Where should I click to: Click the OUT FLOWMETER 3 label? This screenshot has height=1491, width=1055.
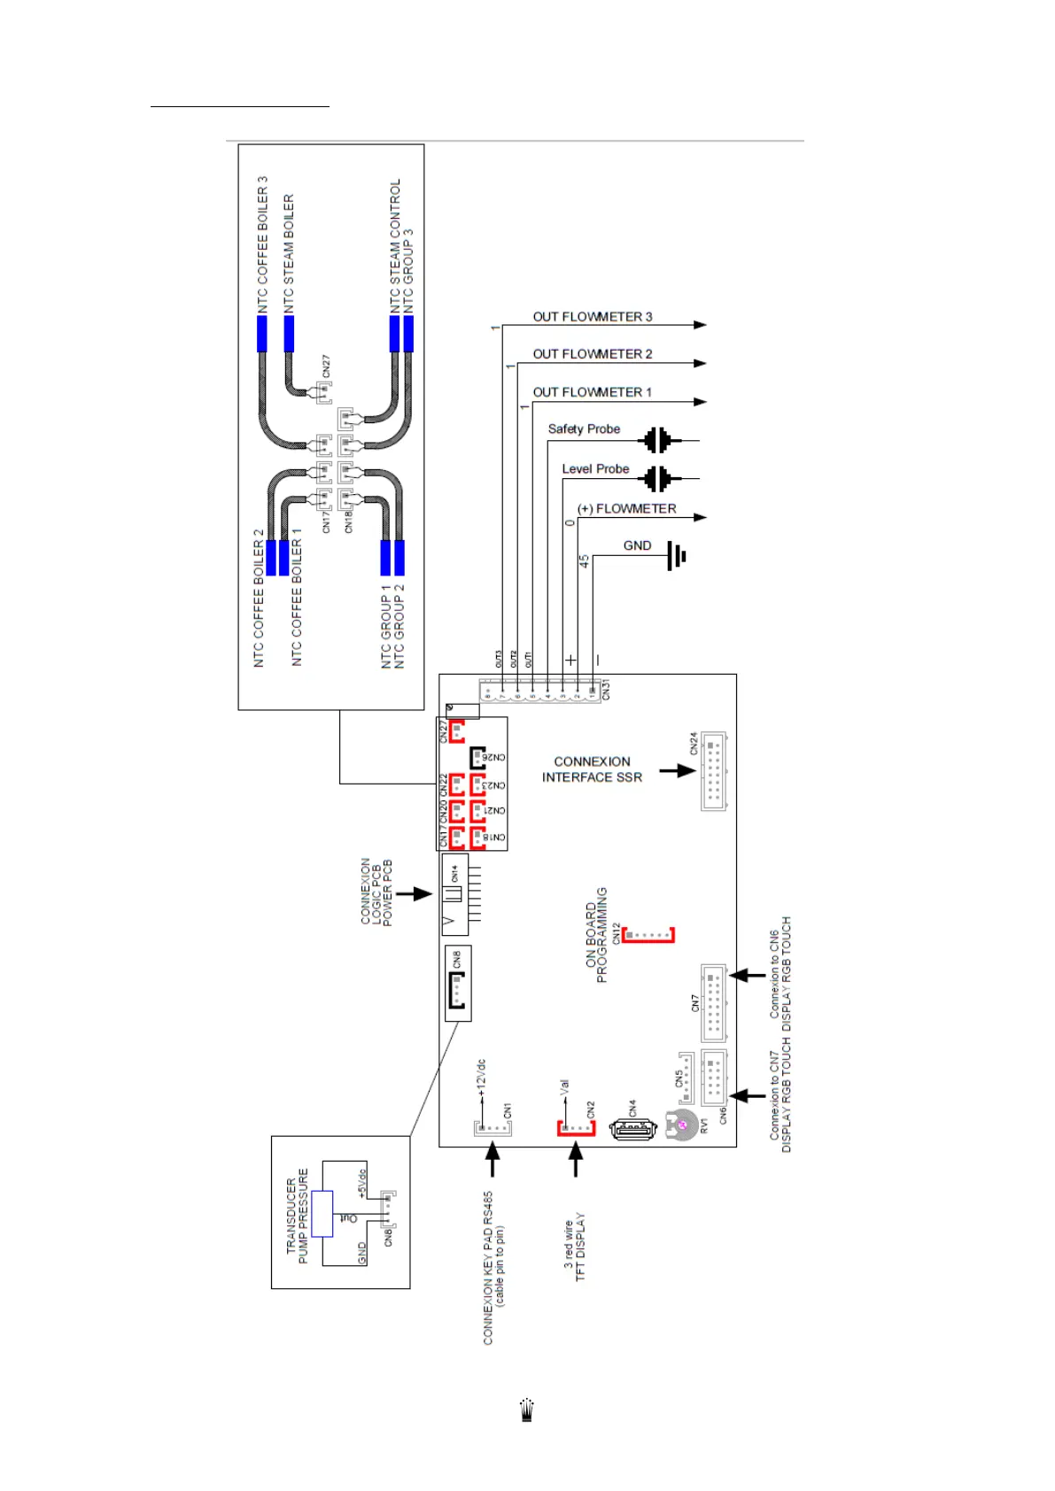(x=592, y=317)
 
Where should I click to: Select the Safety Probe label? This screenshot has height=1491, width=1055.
(x=584, y=429)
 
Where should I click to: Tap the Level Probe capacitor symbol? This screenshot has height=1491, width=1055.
(x=657, y=479)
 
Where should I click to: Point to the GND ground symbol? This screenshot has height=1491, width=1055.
(x=677, y=556)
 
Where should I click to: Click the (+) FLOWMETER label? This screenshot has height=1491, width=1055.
(x=626, y=509)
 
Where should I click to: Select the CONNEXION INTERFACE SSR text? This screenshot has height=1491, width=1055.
(x=592, y=769)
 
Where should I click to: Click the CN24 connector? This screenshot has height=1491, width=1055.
(x=714, y=770)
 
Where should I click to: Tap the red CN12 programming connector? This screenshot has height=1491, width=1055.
(x=648, y=935)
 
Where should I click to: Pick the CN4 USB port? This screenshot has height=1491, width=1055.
(x=632, y=1129)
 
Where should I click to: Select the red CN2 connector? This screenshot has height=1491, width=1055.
(x=576, y=1128)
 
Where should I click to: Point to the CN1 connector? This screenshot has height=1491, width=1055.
(x=490, y=1128)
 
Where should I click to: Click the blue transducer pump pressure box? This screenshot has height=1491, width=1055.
(x=322, y=1213)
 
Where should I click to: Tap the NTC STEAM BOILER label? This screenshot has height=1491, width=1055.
(x=289, y=253)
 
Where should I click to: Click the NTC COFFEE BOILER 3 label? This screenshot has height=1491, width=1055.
(x=262, y=244)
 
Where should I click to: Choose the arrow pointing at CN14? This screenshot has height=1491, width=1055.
(x=414, y=894)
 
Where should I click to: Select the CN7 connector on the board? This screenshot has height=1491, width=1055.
(x=713, y=1002)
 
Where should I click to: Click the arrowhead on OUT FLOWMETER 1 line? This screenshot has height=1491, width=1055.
(x=700, y=402)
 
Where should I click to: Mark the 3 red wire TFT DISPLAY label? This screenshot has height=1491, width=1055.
(x=575, y=1247)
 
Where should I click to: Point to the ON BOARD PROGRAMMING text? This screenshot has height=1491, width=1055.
(x=596, y=935)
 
